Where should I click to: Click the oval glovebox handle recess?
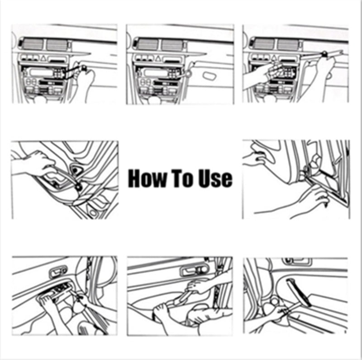(212, 75)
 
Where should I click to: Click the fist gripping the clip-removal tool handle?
(38, 163)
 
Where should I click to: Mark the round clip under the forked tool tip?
(79, 185)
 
